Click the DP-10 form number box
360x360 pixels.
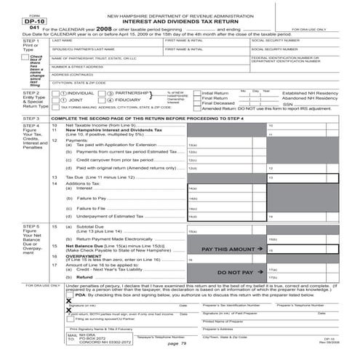[x=15, y=22]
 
